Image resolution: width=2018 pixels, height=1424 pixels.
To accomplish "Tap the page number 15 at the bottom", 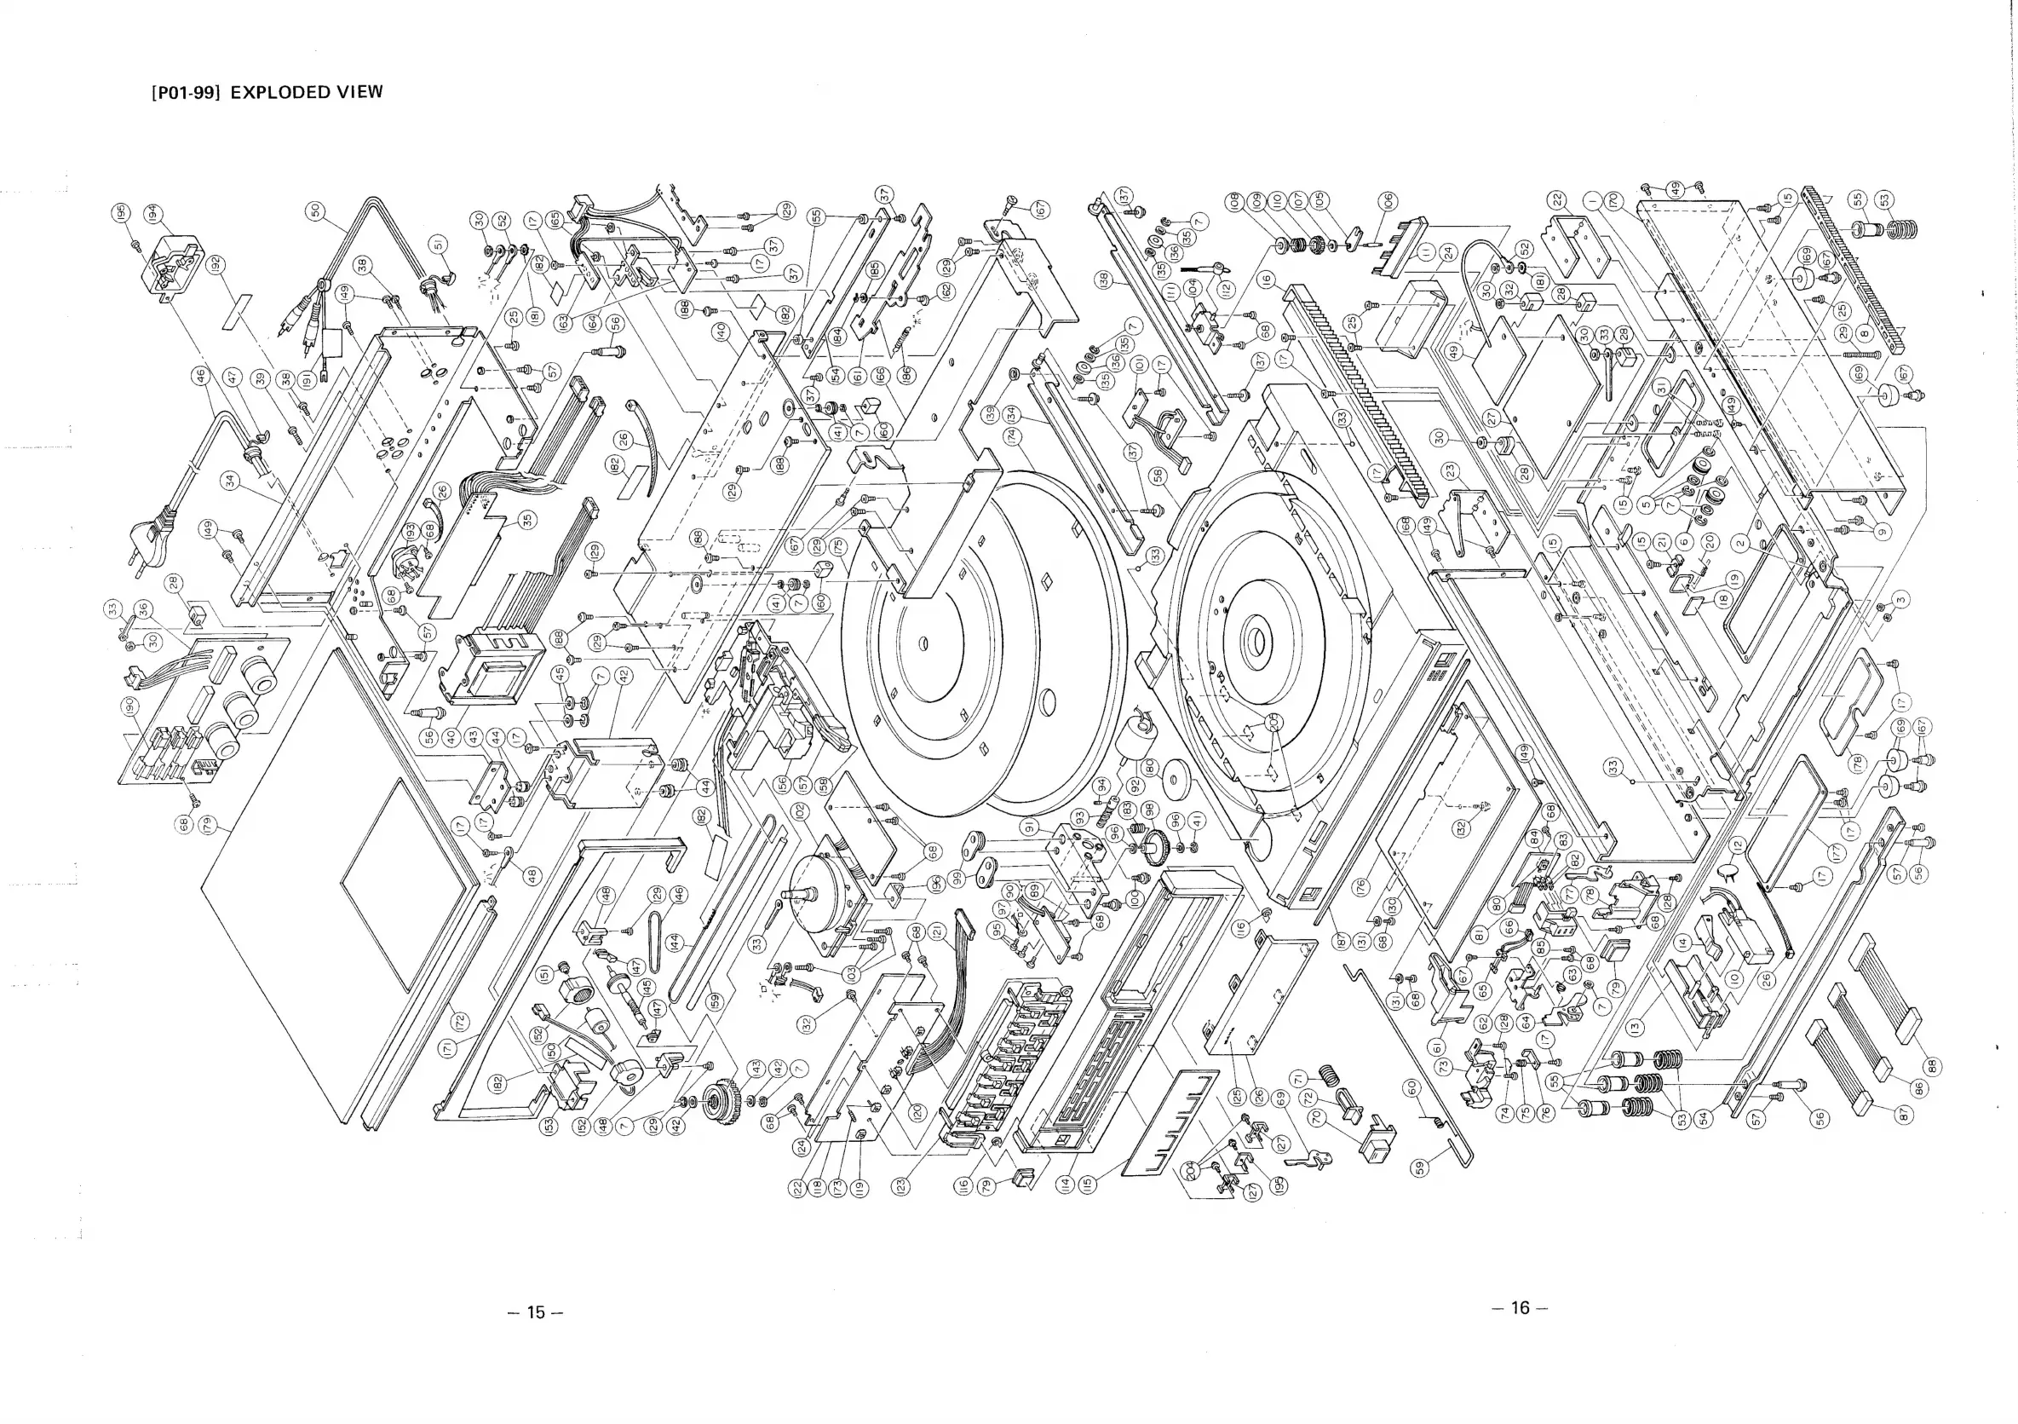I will tap(535, 1312).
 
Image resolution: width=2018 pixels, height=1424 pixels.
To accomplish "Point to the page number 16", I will tap(1520, 1308).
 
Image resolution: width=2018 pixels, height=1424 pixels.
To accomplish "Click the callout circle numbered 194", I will tap(152, 213).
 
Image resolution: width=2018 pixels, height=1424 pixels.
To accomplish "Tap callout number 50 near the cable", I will tap(316, 211).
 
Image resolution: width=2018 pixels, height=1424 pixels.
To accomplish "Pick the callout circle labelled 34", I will tap(231, 481).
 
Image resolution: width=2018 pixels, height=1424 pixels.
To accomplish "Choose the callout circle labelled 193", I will tap(410, 533).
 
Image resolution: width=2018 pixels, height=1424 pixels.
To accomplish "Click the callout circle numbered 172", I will tap(460, 1022).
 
